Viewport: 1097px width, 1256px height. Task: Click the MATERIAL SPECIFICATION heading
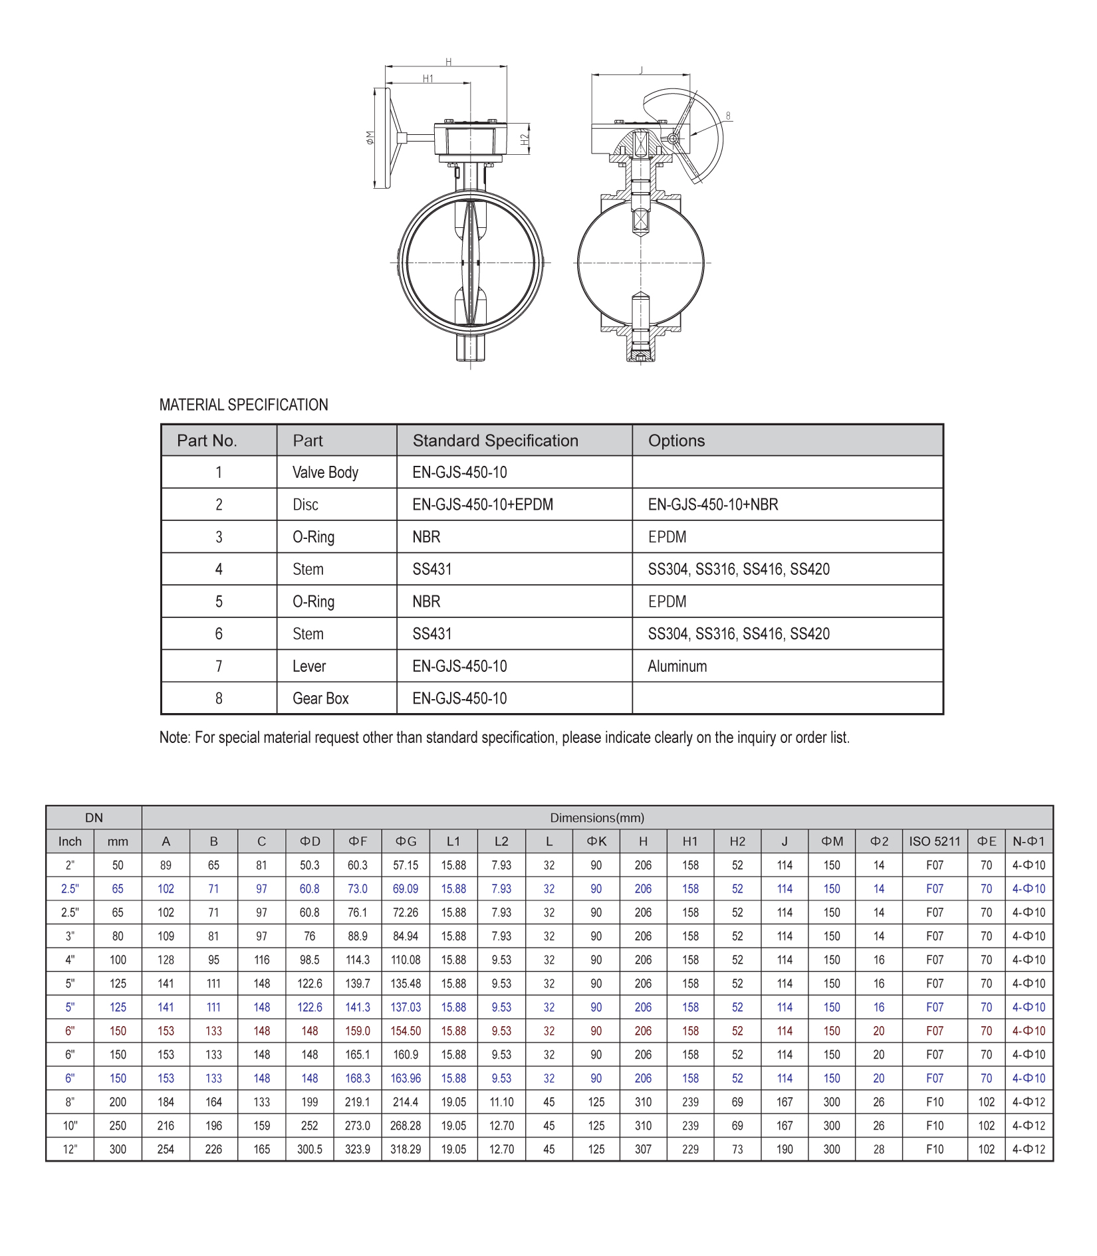coord(243,405)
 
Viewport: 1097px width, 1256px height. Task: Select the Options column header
coord(676,441)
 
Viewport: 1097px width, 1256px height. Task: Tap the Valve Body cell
coord(325,472)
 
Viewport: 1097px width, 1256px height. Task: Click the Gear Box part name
coord(320,698)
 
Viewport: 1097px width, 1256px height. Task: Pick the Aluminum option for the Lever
coord(677,667)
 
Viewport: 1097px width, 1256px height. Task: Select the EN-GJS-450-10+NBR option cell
coord(713,505)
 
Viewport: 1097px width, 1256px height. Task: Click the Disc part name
coord(305,505)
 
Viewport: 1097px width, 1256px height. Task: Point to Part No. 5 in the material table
coord(219,602)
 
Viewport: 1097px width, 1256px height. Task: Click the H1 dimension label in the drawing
coord(428,78)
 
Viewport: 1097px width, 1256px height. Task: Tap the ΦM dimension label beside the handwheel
coord(370,138)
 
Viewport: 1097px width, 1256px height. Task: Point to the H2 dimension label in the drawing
coord(525,140)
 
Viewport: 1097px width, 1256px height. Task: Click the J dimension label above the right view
coord(641,70)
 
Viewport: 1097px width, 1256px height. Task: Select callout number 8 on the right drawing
coord(728,116)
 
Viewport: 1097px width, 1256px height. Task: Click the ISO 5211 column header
coord(934,841)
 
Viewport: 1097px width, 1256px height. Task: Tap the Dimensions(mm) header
coord(596,818)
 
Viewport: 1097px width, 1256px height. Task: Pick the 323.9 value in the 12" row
coord(358,1149)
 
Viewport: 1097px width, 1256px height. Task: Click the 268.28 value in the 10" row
coord(406,1126)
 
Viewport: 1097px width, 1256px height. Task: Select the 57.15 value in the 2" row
coord(406,865)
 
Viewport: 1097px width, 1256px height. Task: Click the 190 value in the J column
coord(785,1149)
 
